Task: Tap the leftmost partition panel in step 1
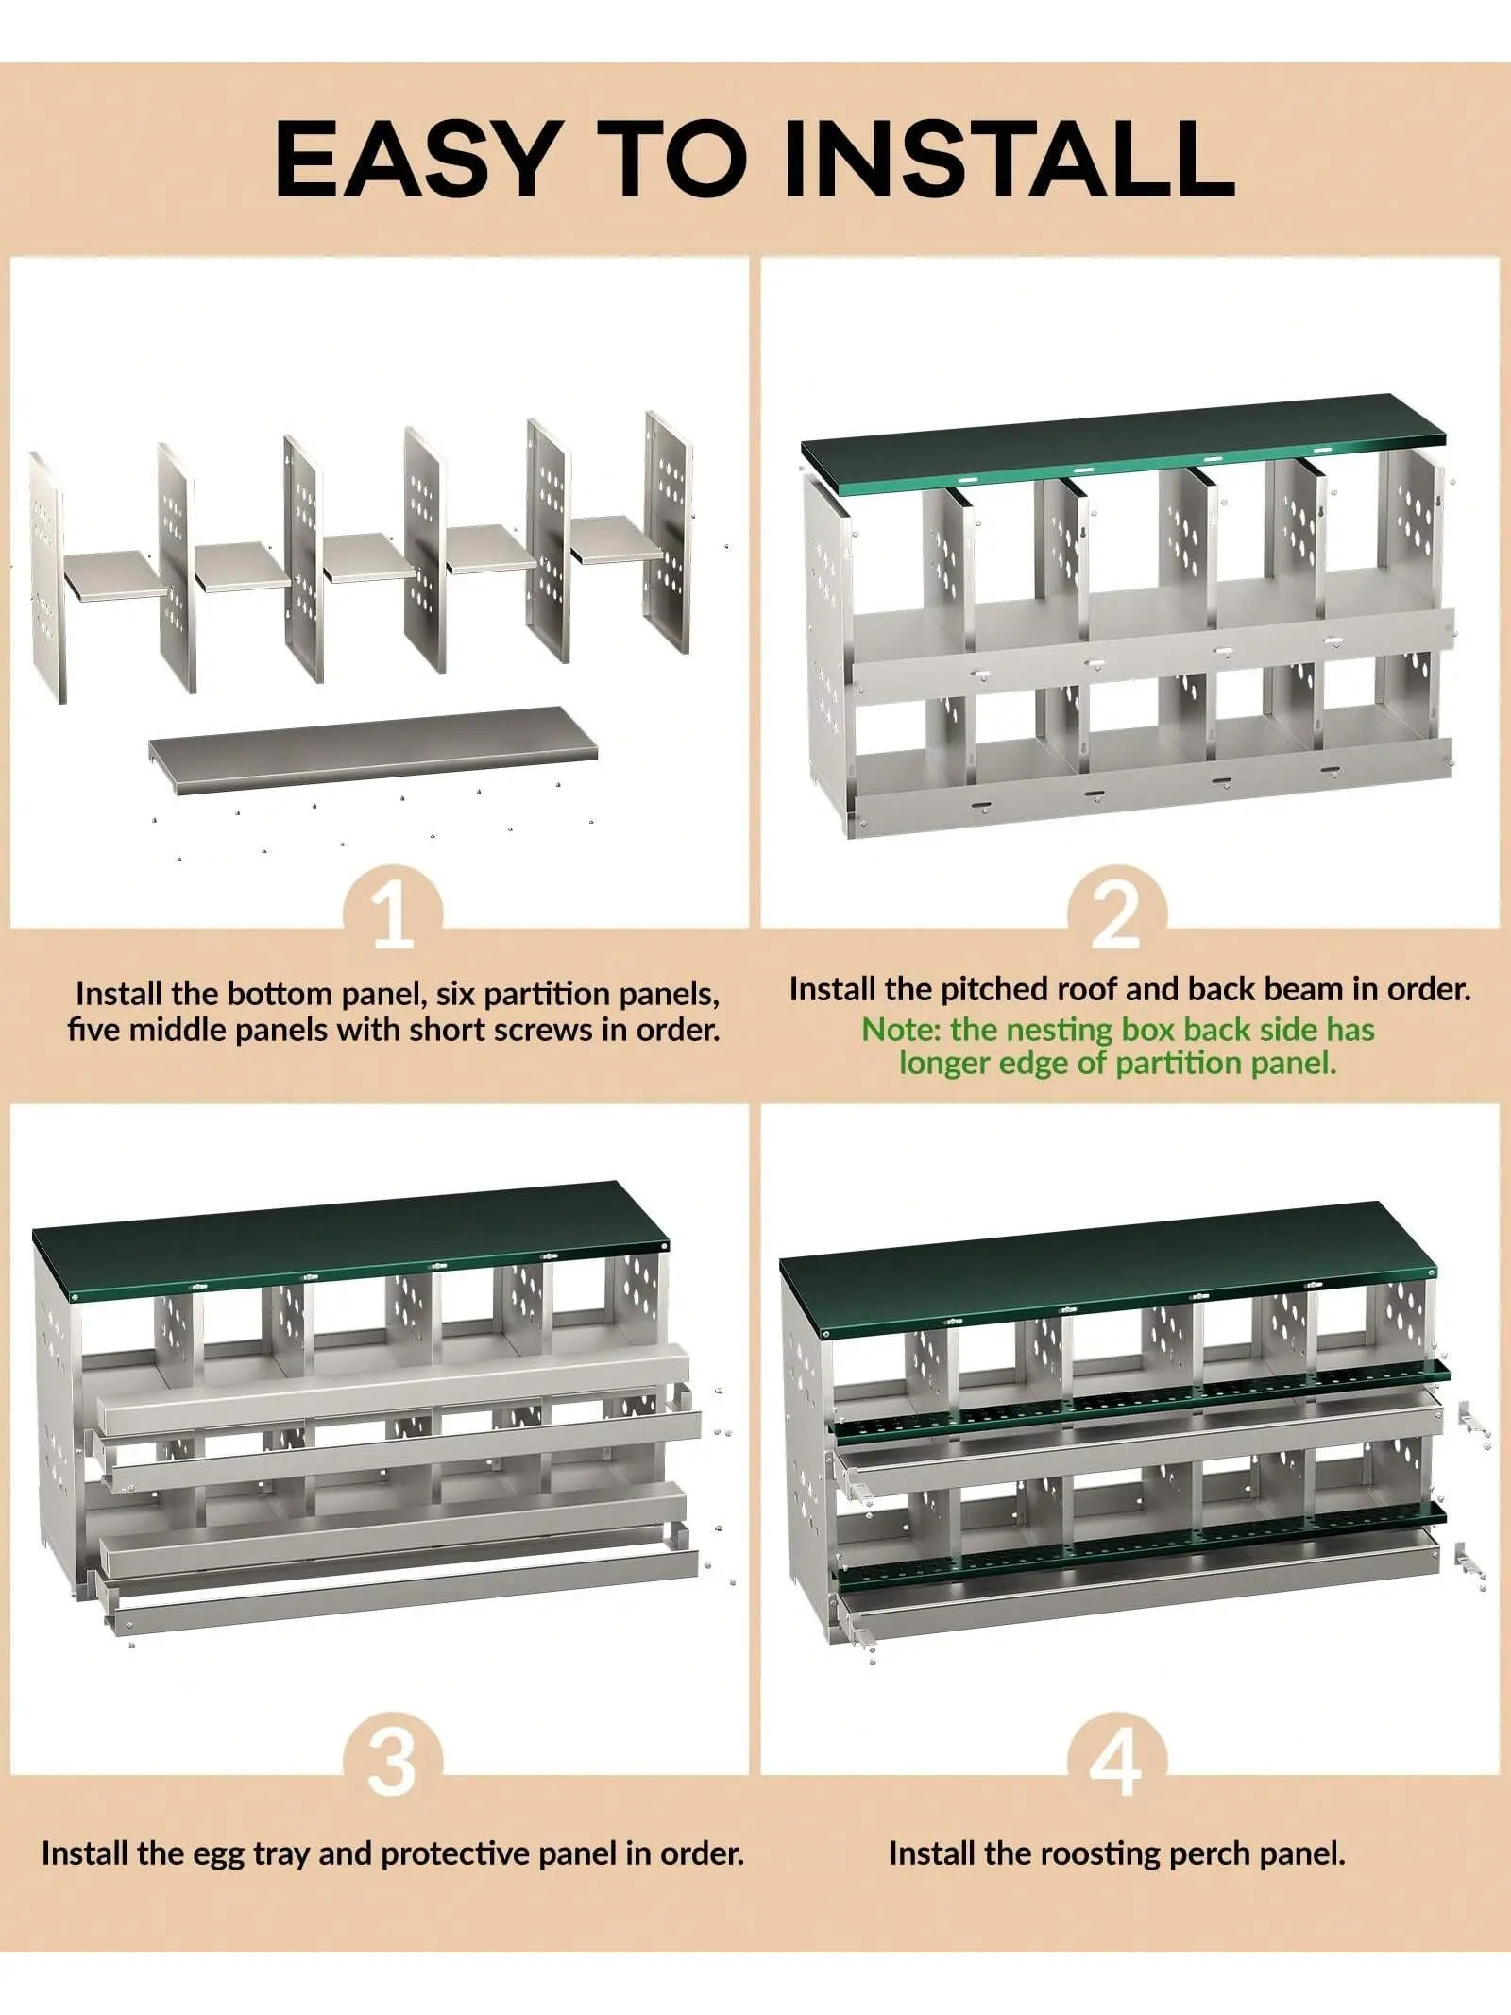click(x=47, y=576)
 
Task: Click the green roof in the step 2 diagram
click(x=1124, y=443)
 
